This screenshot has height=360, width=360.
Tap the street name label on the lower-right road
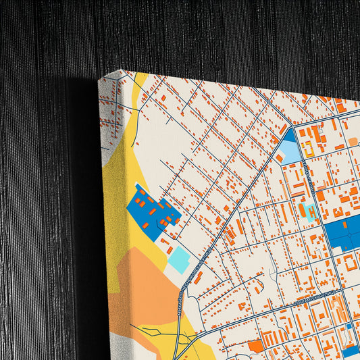tap(315, 296)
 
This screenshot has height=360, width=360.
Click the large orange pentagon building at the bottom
tap(255, 346)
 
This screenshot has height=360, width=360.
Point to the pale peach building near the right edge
tap(353, 141)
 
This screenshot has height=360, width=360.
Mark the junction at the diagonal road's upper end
tap(290, 126)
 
